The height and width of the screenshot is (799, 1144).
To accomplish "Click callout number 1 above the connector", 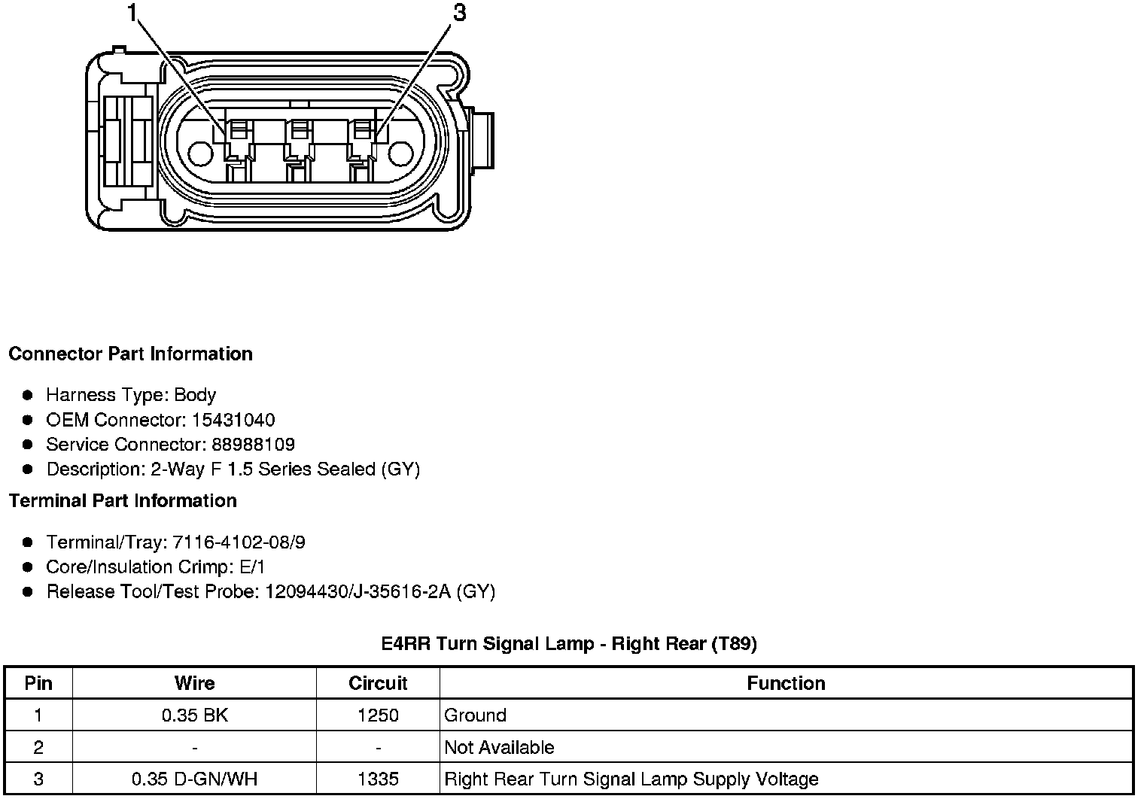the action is (x=132, y=13).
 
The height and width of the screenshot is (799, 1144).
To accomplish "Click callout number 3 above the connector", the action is (x=460, y=13).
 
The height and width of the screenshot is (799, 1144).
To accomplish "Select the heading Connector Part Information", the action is (x=131, y=354).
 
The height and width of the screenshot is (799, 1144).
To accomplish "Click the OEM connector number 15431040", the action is (x=233, y=420).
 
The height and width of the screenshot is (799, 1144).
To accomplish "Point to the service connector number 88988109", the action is (x=254, y=444).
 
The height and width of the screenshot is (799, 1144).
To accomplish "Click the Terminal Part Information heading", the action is (x=123, y=501).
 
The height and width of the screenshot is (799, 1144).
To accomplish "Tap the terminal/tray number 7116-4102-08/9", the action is (x=239, y=542).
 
